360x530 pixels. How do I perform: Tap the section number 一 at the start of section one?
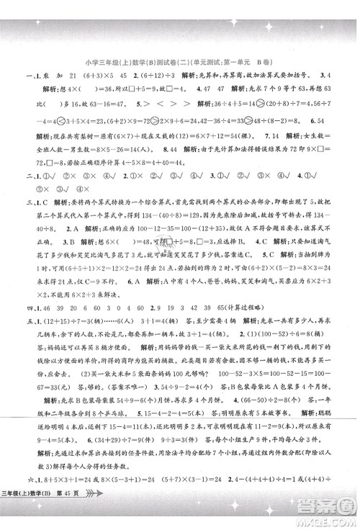28,76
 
